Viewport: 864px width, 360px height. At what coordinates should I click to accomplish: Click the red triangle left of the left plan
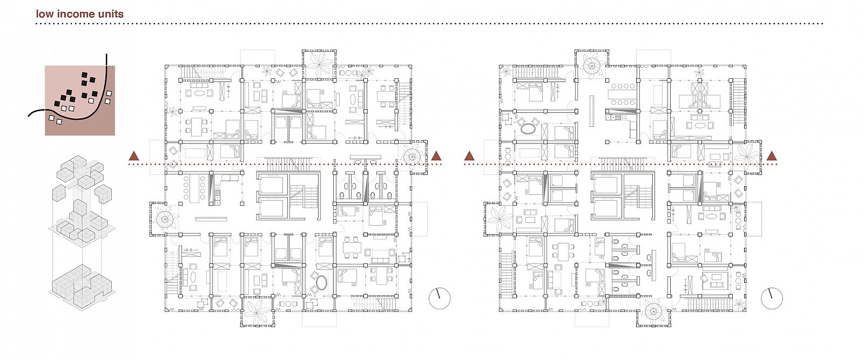134,156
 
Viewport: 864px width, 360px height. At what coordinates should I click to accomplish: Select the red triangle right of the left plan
436,156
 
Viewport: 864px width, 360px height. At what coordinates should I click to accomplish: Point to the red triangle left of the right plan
469,156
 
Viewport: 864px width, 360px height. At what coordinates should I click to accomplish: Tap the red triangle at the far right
772,156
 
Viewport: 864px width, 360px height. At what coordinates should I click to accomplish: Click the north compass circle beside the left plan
440,298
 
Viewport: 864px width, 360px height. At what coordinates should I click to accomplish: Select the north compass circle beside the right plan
772,298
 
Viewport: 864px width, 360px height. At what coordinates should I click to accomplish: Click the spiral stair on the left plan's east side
414,157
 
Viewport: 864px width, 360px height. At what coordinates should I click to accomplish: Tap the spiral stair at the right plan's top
591,65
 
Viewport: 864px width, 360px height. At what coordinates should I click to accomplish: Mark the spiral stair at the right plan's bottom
653,311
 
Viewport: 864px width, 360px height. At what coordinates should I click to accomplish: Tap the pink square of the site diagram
80,100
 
